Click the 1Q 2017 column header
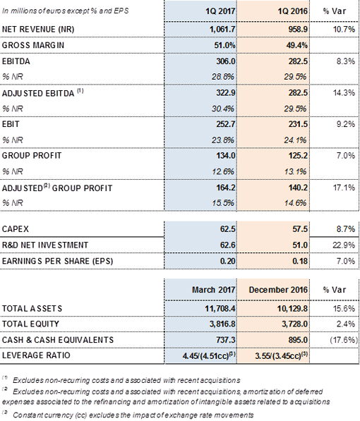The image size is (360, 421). click(220, 11)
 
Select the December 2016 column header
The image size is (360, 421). click(278, 290)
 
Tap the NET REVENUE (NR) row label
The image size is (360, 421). click(38, 30)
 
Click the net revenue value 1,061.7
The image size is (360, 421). click(222, 30)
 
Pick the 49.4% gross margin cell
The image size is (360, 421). click(296, 45)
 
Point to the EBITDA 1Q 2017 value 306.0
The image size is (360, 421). click(226, 61)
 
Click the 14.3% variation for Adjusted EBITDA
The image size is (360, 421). click(344, 93)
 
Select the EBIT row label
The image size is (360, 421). click(11, 124)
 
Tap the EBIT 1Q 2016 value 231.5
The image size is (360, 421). click(298, 124)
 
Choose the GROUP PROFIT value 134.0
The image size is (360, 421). click(226, 156)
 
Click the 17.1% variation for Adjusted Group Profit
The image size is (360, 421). click(344, 188)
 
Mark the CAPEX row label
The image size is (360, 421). click(15, 229)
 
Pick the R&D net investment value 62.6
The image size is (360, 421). click(227, 245)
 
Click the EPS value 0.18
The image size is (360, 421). click(300, 261)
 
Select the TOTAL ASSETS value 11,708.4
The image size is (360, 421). click(220, 308)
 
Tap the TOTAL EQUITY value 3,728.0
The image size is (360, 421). click(294, 324)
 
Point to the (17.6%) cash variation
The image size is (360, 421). click(344, 340)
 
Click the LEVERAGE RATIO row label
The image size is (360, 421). click(36, 355)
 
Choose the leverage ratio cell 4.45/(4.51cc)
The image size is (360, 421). click(209, 355)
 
